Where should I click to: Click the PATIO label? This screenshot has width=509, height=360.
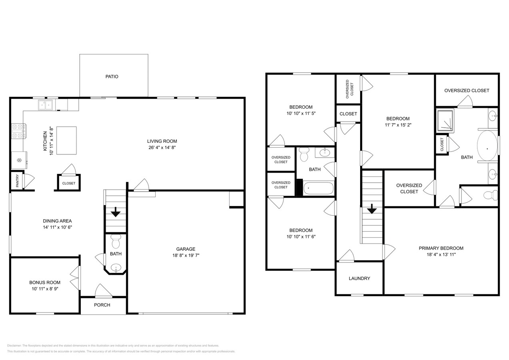tap(112, 76)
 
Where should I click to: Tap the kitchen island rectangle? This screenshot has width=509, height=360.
tap(66, 140)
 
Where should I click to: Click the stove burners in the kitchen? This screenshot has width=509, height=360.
tap(18, 131)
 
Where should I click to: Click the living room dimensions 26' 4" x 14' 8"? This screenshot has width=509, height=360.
tap(162, 148)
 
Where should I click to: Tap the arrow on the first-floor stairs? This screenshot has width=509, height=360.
tap(116, 212)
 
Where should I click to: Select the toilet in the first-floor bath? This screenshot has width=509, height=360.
tap(116, 242)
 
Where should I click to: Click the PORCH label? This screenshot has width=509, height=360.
tap(102, 305)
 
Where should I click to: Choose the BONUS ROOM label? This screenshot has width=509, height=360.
tap(44, 282)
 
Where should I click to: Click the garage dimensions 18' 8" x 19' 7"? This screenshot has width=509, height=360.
tap(185, 255)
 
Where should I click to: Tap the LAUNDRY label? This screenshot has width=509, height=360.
tap(359, 278)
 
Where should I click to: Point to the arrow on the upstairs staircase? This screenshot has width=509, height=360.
tap(372, 209)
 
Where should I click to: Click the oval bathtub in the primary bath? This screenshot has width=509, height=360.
tap(487, 148)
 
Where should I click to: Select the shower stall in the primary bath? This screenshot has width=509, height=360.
tap(445, 120)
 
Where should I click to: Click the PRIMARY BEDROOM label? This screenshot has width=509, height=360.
tap(441, 248)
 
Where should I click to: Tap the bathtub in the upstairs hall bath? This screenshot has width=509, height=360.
tap(318, 188)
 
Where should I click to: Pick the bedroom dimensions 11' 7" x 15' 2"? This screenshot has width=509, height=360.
tap(398, 125)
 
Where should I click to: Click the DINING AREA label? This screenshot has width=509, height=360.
tap(57, 221)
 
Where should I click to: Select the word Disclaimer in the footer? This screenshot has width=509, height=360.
tap(14, 346)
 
